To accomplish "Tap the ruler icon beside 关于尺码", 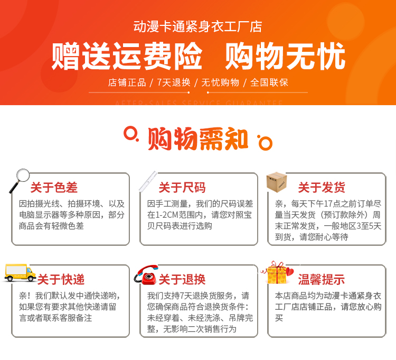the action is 148,181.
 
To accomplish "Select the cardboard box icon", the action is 277,182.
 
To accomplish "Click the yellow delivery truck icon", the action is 20,273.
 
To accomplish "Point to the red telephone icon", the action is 146,274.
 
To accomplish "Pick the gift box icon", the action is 278,273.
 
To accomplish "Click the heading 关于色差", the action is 54,188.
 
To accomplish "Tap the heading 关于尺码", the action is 182,188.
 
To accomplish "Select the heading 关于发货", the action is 322,188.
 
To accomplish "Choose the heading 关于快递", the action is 61,280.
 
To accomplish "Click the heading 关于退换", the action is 182,280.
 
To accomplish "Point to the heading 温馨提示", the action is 322,280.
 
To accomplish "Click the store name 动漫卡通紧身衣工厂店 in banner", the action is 198,27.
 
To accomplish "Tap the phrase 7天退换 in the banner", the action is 174,82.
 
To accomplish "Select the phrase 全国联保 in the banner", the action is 269,82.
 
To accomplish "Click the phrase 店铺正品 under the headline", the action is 127,82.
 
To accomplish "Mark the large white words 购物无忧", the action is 285,56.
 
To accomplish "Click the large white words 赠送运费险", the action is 127,56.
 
